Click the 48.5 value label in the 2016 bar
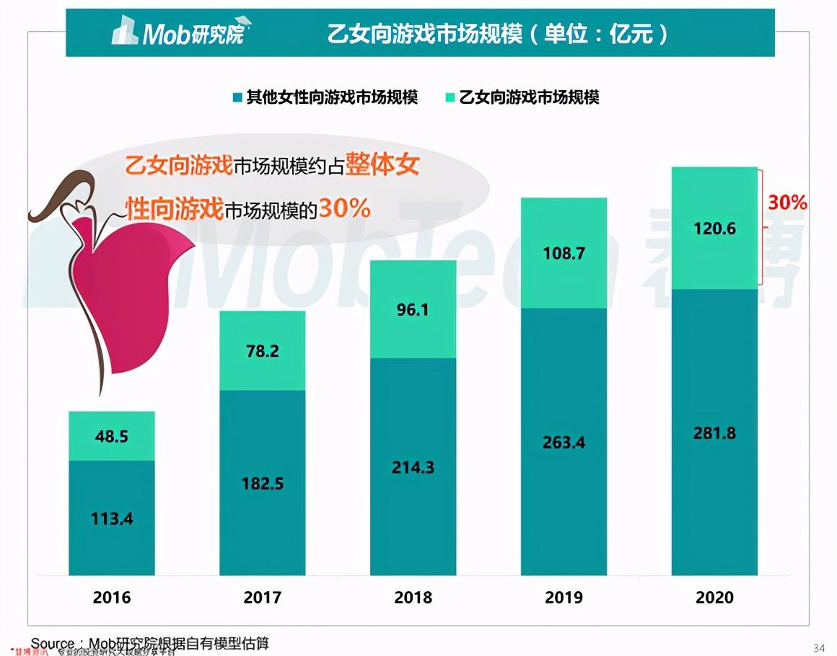click(112, 437)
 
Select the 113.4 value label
click(112, 518)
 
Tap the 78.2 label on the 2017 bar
click(262, 351)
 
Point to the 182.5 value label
click(262, 483)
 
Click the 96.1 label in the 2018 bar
click(413, 309)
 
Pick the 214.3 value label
click(413, 467)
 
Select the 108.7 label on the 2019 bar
click(564, 254)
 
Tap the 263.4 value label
click(564, 442)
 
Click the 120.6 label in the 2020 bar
click(714, 229)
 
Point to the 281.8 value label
click(714, 433)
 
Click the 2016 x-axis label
click(112, 598)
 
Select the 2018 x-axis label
click(413, 598)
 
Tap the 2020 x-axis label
click(714, 598)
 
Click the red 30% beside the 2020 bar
click(787, 203)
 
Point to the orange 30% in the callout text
click(344, 208)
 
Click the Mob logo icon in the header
click(125, 32)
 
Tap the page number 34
click(819, 644)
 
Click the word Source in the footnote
click(53, 643)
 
